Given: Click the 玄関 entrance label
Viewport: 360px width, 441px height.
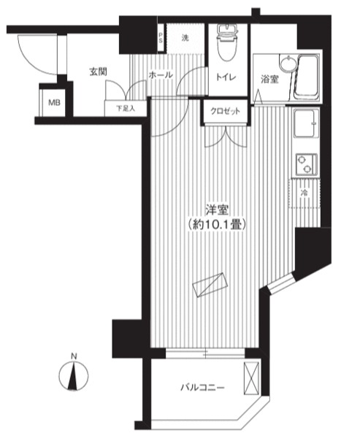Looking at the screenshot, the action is tap(98, 72).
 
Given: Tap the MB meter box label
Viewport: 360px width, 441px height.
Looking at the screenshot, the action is tap(54, 103).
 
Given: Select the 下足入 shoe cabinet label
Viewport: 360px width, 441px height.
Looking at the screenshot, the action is tap(126, 108).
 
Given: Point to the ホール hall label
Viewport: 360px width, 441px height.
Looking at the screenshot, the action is tap(161, 75).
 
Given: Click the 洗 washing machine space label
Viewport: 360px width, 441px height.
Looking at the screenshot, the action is tap(185, 38).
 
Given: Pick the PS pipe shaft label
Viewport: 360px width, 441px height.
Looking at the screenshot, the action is tap(161, 38).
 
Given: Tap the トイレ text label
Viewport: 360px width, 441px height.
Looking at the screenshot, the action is tap(226, 77).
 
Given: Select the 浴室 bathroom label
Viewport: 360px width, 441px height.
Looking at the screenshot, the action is tap(269, 80).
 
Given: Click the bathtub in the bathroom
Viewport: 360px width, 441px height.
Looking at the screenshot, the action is tap(307, 77).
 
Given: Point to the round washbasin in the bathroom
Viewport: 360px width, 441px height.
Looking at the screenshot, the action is tap(287, 63).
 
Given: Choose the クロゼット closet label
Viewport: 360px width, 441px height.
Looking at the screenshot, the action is tap(226, 111).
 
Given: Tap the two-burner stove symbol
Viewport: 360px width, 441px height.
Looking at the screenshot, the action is tap(306, 164).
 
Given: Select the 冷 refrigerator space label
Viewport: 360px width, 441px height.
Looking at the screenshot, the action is tap(304, 193).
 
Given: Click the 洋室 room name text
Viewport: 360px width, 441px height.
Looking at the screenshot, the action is tap(217, 210).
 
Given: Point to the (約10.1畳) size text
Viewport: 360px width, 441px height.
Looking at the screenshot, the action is tap(217, 224).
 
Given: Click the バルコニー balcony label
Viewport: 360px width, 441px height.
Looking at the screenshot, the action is tap(202, 388).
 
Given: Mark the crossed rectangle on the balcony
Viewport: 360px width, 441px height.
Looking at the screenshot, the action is tap(251, 379).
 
